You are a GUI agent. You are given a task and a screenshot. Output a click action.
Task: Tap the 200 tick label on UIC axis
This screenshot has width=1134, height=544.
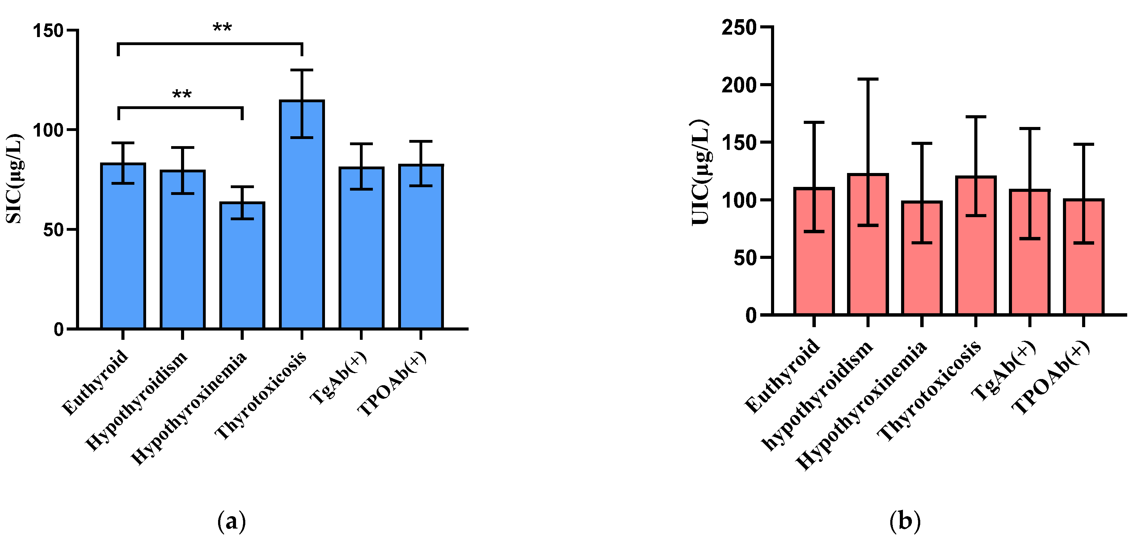738,85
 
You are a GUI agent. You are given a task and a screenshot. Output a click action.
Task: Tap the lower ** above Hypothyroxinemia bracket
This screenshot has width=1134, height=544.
181,95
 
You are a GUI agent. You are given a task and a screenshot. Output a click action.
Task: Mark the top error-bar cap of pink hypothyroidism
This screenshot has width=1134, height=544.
868,79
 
